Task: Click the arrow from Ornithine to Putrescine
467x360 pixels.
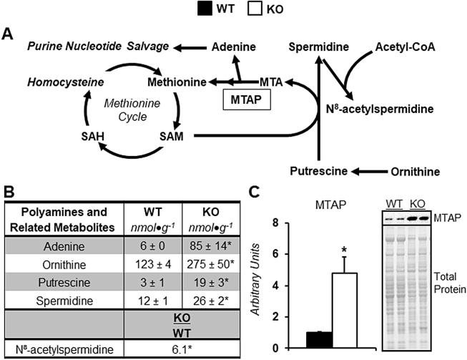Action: point(364,172)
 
